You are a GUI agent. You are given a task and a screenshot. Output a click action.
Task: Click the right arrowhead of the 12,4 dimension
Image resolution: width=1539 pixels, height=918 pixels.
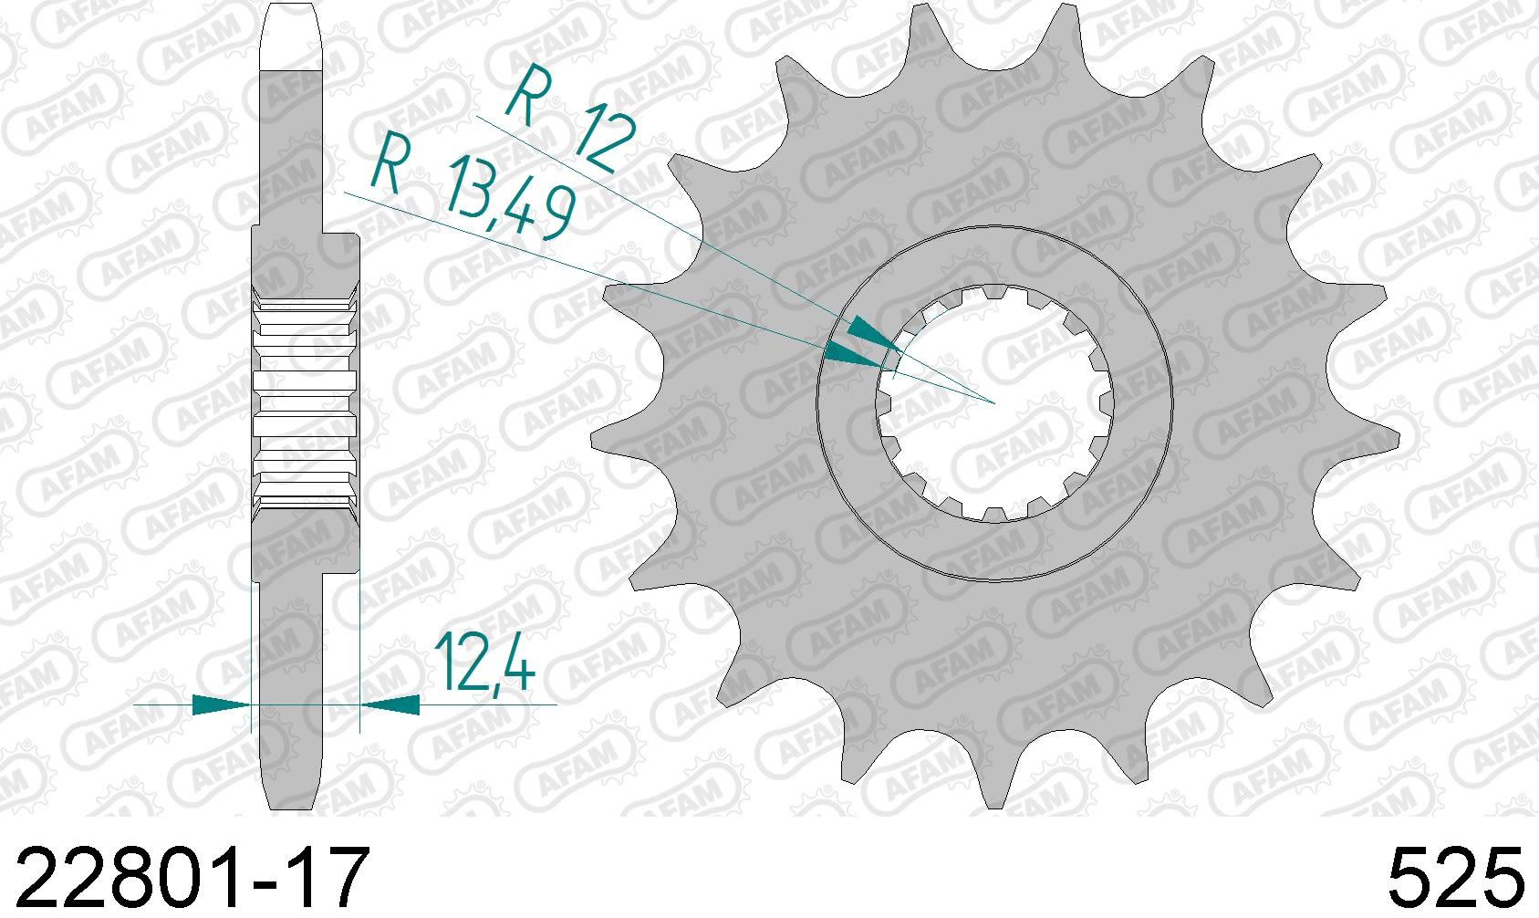pos(390,704)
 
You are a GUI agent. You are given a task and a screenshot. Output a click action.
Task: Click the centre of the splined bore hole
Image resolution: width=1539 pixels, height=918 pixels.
pos(994,402)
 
